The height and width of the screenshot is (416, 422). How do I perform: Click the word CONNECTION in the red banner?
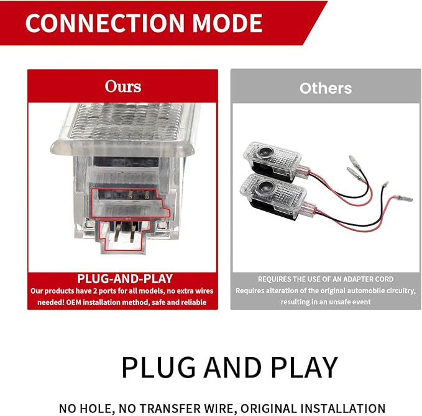coord(105,23)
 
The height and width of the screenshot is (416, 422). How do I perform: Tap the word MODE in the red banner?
coord(227,23)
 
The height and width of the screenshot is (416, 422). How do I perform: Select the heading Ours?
coord(123,86)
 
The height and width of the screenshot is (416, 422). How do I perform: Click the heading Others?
coord(326,88)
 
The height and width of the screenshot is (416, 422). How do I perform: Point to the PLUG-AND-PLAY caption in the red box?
coord(125,279)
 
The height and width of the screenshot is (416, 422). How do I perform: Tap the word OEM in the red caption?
coord(74,302)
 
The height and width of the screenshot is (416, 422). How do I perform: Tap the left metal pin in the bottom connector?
coord(118,231)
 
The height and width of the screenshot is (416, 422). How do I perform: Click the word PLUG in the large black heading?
coord(158,368)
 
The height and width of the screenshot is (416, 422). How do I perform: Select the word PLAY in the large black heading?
coord(304,368)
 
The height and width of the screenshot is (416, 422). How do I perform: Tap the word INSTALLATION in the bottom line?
coord(343,409)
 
